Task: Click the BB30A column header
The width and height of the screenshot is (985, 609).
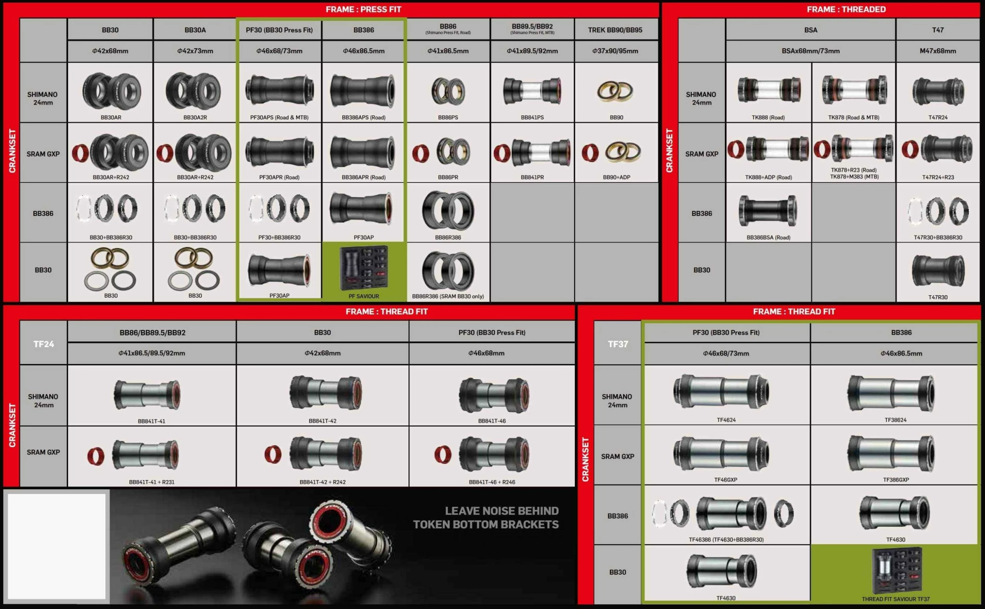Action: [195, 30]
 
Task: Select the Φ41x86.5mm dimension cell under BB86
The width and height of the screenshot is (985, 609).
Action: [448, 51]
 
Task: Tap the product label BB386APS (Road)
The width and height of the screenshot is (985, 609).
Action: [364, 117]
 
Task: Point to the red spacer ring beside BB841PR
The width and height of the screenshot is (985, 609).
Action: [502, 153]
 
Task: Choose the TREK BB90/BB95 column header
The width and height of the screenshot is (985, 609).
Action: [615, 30]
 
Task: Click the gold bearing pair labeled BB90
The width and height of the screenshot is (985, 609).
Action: [615, 91]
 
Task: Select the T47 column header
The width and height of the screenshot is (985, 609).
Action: [937, 30]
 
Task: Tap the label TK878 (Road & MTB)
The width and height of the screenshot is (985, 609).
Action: [853, 117]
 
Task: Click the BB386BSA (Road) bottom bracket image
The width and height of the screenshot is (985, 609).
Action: [768, 210]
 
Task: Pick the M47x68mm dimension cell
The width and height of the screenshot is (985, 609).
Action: [937, 51]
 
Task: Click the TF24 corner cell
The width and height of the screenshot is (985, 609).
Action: [43, 344]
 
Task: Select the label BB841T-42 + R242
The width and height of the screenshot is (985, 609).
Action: [322, 482]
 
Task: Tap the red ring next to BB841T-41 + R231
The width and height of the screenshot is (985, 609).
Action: [96, 456]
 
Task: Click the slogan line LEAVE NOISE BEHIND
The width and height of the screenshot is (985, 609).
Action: [502, 511]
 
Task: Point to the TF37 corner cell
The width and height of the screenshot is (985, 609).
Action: [617, 344]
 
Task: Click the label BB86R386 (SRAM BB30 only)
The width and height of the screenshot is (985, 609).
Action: [448, 296]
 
